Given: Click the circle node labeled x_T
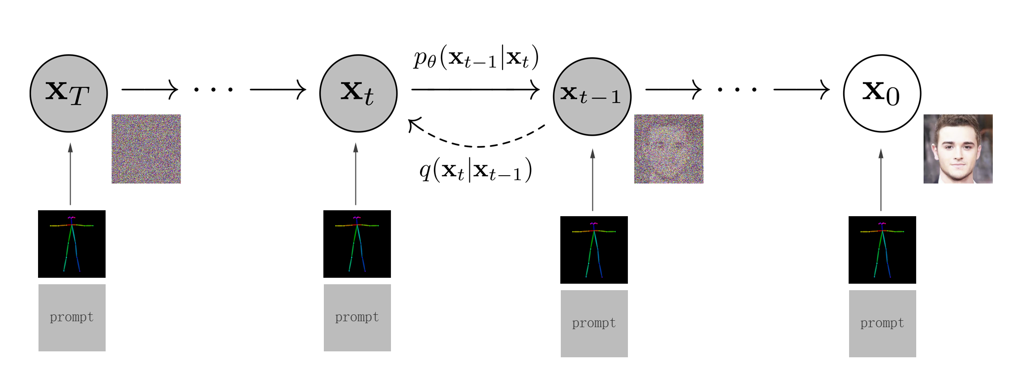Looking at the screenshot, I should [69, 93].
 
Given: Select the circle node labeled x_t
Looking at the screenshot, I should [358, 93].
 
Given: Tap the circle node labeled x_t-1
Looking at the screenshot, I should [592, 96].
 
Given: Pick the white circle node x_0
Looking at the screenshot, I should [882, 93].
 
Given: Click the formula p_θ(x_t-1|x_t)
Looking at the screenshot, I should [476, 58].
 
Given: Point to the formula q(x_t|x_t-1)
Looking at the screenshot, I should [476, 170].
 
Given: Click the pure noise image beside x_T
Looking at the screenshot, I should [146, 149].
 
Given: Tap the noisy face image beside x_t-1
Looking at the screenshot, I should [668, 149].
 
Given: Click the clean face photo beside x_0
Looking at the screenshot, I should [958, 149].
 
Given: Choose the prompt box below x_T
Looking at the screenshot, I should [72, 317].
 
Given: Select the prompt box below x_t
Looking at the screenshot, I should [357, 317].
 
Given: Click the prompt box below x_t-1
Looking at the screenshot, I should [594, 323].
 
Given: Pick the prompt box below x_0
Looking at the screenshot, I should [882, 323].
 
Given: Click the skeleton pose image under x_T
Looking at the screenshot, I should [72, 244].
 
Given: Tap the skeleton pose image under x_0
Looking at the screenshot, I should [882, 250].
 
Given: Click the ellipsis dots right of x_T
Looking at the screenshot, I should [213, 90].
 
